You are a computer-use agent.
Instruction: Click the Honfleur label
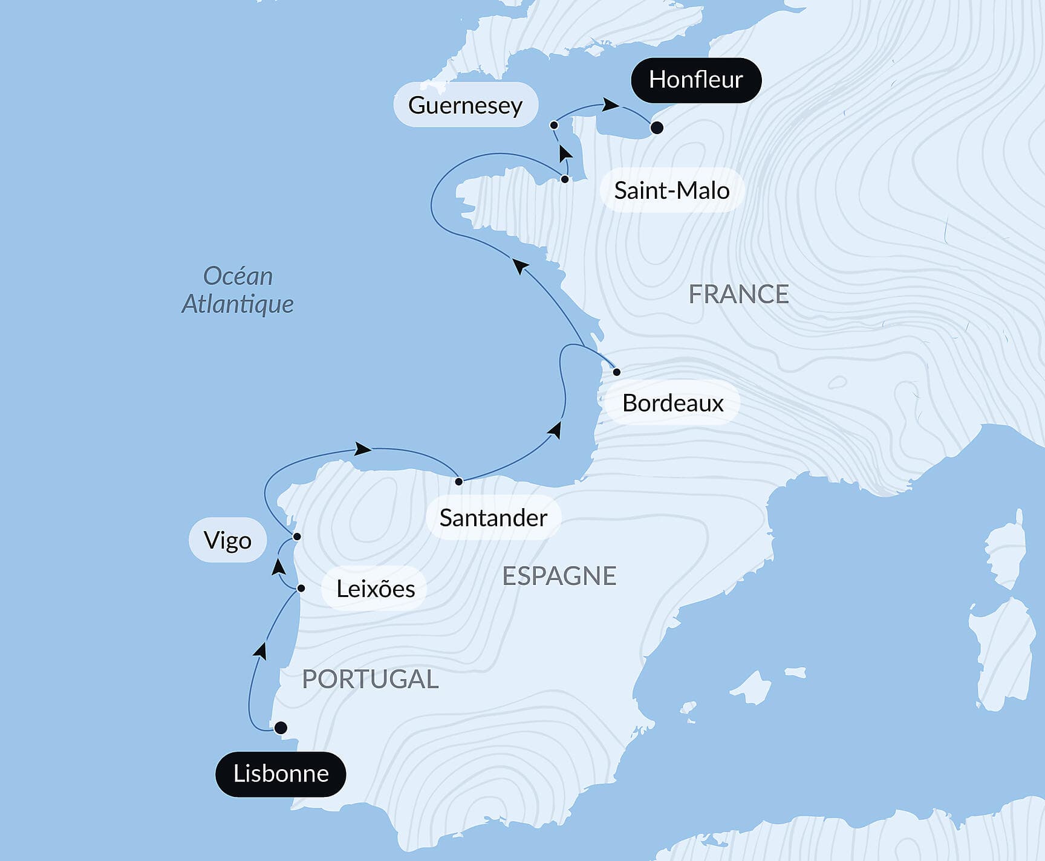pos(695,80)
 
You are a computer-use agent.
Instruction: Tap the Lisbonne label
pos(281,774)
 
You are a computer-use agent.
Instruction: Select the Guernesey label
pos(465,105)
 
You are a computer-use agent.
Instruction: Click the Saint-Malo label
pos(671,190)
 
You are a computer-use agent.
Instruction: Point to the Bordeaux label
pos(672,403)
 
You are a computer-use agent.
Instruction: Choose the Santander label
pos(493,518)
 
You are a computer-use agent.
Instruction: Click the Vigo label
pos(227,540)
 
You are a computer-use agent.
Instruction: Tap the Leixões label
pos(375,589)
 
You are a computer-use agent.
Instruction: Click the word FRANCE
pos(738,294)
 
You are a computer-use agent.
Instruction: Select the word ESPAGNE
pos(559,576)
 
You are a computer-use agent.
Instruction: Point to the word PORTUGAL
pos(370,679)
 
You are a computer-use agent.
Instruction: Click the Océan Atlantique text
pos(238,290)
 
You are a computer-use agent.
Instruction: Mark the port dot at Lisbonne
pos(281,727)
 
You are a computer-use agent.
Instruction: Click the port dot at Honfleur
pos(657,127)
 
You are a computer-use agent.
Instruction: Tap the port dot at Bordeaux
pos(617,372)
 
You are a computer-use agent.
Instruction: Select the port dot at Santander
pos(459,482)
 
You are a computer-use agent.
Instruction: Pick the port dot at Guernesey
pos(554,125)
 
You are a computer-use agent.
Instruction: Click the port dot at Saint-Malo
pos(565,179)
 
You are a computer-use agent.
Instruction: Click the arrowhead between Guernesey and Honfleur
pos(610,105)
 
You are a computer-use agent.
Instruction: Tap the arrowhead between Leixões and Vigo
pos(278,567)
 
